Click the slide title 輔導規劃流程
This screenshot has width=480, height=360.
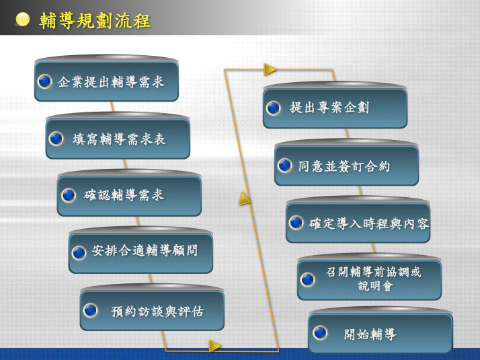[x=95, y=21]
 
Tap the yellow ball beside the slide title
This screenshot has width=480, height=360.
[x=22, y=20]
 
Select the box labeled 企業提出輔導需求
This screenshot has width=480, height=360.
[x=106, y=81]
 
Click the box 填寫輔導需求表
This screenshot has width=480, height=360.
[x=118, y=139]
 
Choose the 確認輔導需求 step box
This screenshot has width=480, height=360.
[x=129, y=196]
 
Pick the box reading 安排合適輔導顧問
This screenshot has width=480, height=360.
[x=141, y=253]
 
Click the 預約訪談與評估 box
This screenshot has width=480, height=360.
[x=152, y=310]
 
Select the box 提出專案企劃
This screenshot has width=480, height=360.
[x=335, y=108]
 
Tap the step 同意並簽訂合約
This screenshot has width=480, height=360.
[x=346, y=166]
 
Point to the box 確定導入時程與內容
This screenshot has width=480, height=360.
[x=358, y=223]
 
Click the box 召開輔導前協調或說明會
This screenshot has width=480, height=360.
[x=370, y=280]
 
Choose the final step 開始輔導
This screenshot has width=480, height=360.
[x=381, y=333]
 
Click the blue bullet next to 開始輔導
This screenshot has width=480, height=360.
[x=320, y=333]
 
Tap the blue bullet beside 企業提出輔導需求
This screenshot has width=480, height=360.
[x=44, y=81]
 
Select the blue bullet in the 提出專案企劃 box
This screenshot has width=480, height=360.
[x=274, y=108]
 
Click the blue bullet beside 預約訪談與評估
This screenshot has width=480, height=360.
[x=90, y=310]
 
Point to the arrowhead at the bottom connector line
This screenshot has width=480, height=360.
[x=215, y=346]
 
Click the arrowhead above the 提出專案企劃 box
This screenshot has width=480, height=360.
[x=270, y=69]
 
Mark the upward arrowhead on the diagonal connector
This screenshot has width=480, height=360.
[x=245, y=199]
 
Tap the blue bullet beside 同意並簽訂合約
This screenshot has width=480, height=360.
[x=284, y=166]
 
